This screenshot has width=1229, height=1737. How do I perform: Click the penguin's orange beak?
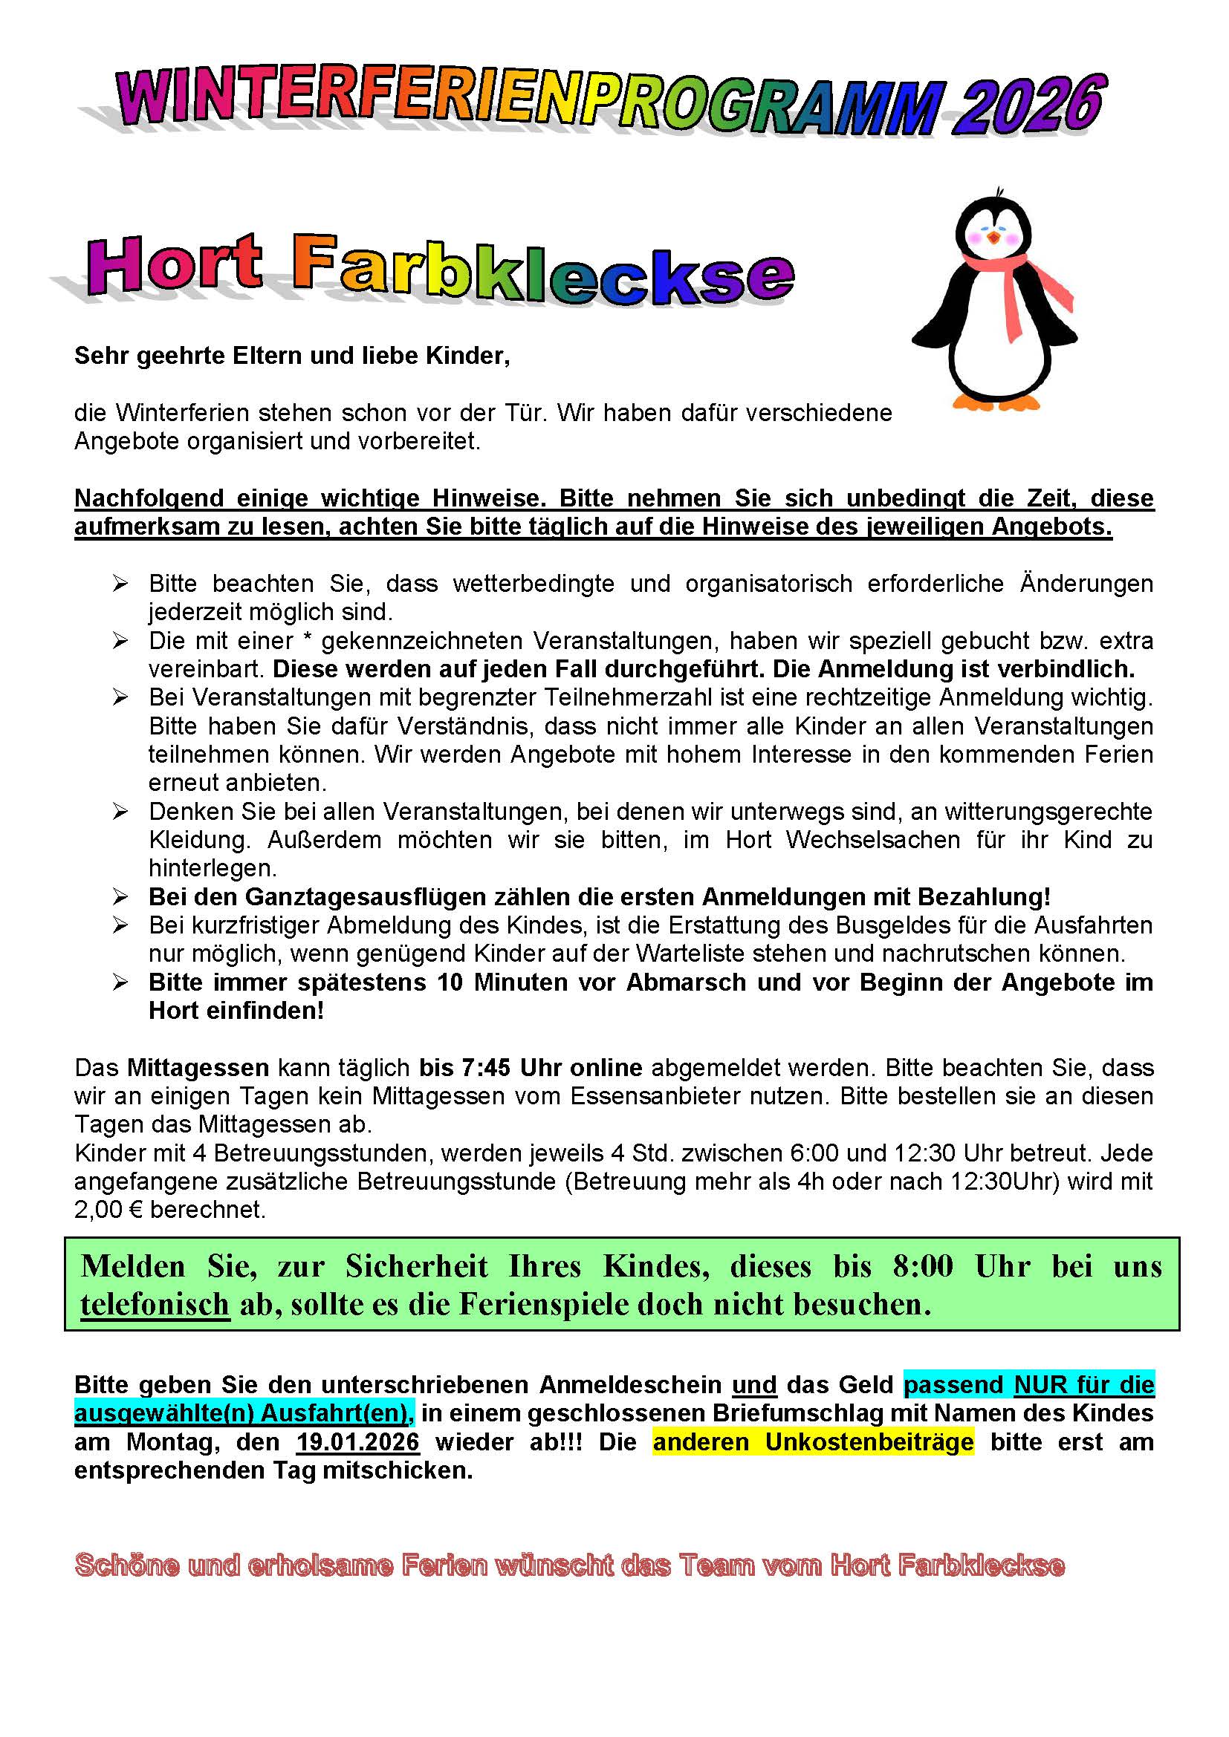[993, 238]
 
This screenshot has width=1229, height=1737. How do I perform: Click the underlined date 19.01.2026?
[358, 1442]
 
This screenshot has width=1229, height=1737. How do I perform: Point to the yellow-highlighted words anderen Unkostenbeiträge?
[813, 1442]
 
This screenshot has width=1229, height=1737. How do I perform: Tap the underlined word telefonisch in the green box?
[155, 1304]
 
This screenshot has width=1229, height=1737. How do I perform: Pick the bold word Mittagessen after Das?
[198, 1068]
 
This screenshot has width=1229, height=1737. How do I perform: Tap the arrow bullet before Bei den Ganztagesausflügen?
[120, 897]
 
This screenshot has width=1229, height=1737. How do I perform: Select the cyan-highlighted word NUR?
[1040, 1385]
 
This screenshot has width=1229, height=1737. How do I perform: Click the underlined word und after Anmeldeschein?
[754, 1385]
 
